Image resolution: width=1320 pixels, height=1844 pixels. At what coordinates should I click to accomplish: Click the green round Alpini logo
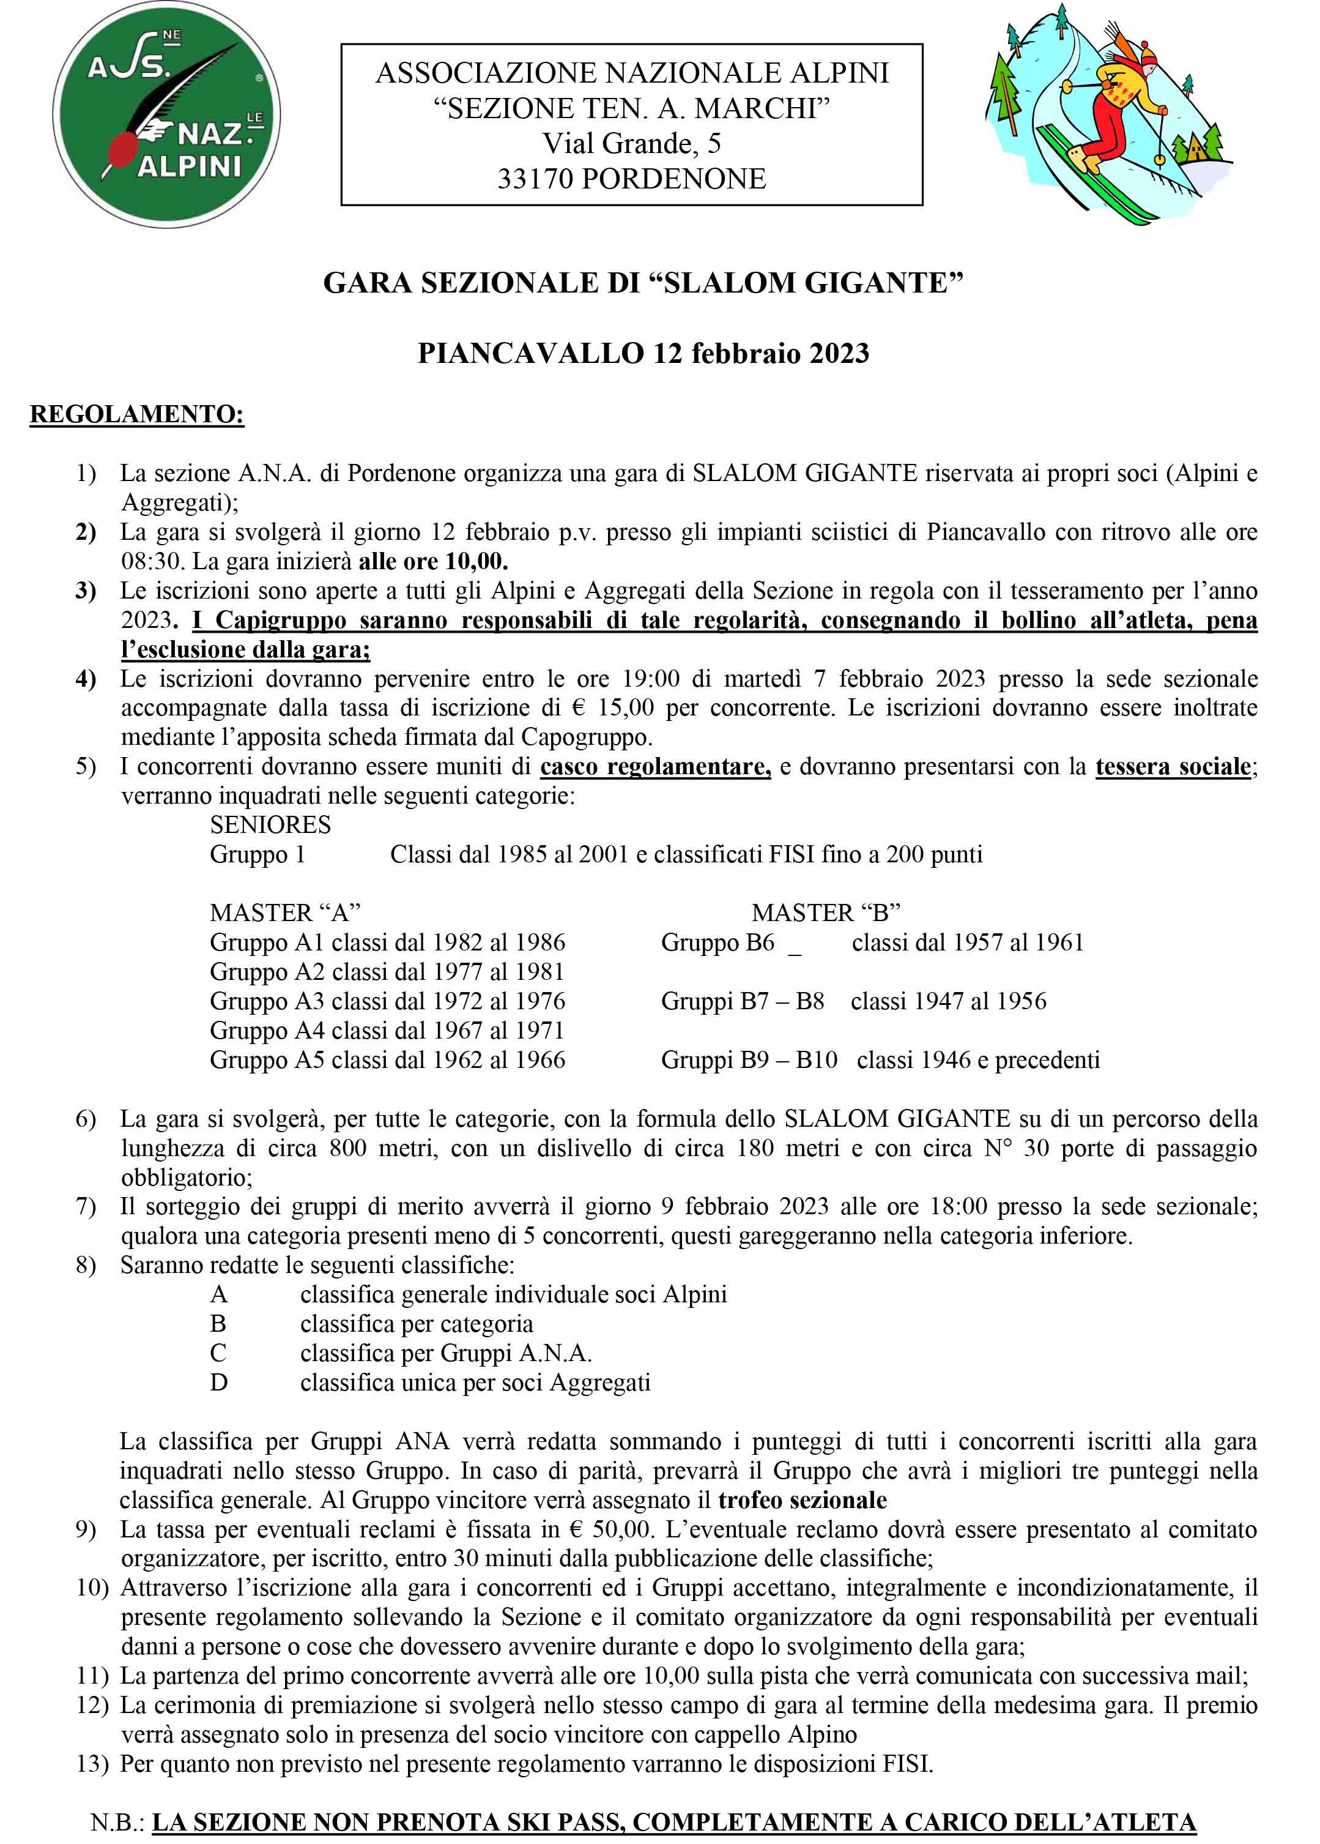[x=166, y=114]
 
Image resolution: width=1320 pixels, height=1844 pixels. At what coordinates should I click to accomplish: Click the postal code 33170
[x=536, y=179]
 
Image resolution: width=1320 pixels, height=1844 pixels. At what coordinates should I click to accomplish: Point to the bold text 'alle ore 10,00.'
[x=433, y=561]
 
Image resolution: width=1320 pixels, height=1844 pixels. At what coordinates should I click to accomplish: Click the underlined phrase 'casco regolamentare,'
[x=655, y=767]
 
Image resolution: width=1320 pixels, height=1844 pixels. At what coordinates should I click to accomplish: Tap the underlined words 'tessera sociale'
[x=1173, y=767]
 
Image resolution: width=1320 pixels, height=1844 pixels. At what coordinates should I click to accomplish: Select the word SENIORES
[x=270, y=825]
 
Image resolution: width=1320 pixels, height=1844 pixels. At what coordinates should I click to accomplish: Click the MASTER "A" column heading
[x=284, y=913]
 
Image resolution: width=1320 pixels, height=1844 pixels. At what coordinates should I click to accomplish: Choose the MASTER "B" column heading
[x=825, y=913]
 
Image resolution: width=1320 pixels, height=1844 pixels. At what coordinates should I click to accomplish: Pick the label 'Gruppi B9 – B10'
[x=749, y=1060]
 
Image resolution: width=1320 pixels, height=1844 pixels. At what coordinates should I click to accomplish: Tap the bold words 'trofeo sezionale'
[x=803, y=1500]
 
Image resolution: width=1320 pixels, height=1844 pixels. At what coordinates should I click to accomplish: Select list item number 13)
[x=92, y=1764]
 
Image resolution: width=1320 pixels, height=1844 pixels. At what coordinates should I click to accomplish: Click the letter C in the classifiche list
[x=218, y=1353]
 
